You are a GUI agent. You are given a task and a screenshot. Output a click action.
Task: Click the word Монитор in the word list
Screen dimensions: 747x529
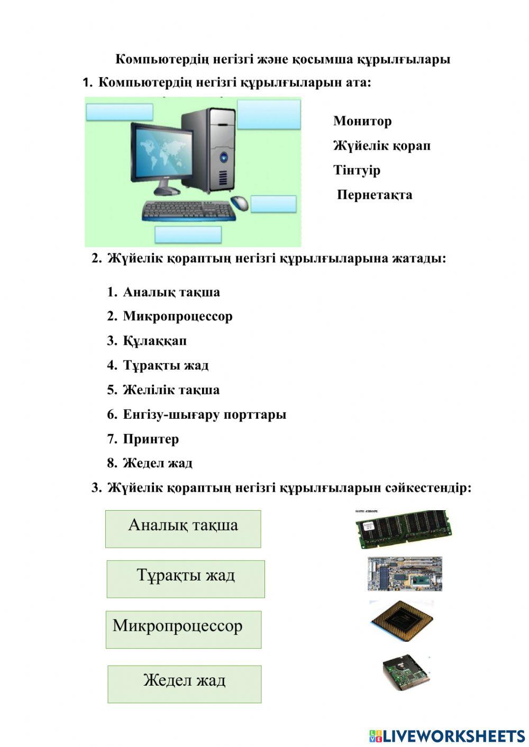click(x=362, y=121)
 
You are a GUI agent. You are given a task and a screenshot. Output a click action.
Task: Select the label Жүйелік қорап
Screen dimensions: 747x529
click(x=381, y=145)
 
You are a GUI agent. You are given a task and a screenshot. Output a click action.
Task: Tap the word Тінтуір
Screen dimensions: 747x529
click(x=357, y=170)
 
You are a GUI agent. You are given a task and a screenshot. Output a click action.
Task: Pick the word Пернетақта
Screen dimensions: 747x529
click(x=375, y=195)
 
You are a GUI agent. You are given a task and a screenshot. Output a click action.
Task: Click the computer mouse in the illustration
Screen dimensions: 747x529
click(x=240, y=202)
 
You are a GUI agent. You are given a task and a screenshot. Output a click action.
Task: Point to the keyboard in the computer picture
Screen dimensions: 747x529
click(x=188, y=211)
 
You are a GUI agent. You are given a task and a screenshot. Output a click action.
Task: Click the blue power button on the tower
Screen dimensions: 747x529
click(x=225, y=156)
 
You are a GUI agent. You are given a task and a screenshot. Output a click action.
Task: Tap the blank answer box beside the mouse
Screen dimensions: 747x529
click(x=273, y=204)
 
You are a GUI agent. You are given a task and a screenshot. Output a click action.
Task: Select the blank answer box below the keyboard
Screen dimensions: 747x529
click(x=188, y=234)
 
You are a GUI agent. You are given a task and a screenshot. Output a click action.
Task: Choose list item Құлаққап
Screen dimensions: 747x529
click(x=154, y=341)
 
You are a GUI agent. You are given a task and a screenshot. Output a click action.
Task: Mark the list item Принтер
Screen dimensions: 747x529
click(x=151, y=439)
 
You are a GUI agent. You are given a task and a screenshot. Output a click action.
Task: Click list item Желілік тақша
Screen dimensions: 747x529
click(x=171, y=390)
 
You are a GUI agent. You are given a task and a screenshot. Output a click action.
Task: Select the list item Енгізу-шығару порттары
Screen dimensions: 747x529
click(x=204, y=414)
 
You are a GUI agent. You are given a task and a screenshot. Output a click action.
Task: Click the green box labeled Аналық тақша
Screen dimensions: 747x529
click(x=183, y=528)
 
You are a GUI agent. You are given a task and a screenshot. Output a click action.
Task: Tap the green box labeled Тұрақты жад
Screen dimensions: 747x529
click(x=185, y=579)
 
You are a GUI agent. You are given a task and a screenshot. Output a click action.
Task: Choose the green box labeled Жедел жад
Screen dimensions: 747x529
click(x=184, y=684)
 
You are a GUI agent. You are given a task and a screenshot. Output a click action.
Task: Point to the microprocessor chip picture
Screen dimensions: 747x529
click(x=403, y=621)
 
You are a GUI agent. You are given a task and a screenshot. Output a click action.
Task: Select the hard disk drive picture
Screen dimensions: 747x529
click(x=407, y=672)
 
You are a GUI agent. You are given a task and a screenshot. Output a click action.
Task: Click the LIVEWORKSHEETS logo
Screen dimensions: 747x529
click(x=447, y=735)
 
